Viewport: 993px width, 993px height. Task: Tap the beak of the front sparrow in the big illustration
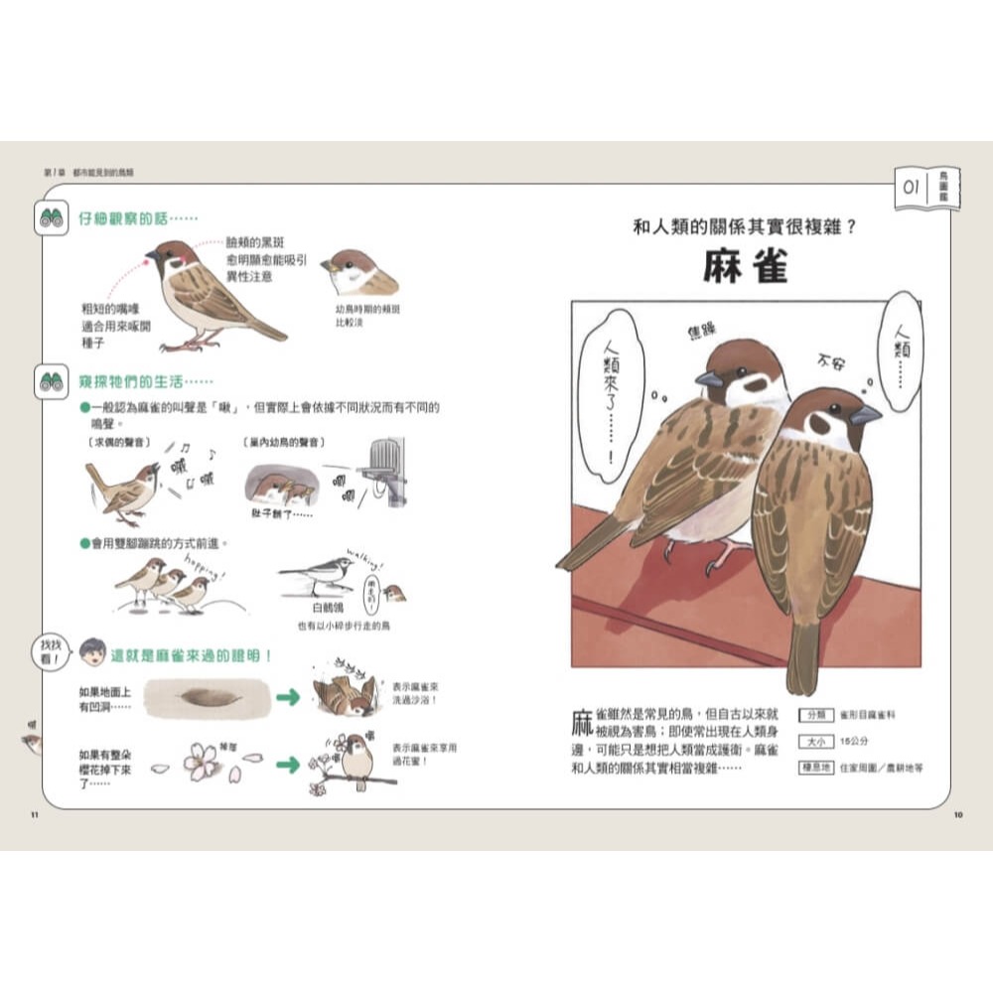[865, 414]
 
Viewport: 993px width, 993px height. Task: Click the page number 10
[957, 816]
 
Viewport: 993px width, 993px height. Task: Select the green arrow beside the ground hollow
[288, 698]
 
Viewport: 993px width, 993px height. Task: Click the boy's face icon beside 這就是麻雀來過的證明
[92, 652]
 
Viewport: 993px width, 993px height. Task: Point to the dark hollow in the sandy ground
[208, 696]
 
